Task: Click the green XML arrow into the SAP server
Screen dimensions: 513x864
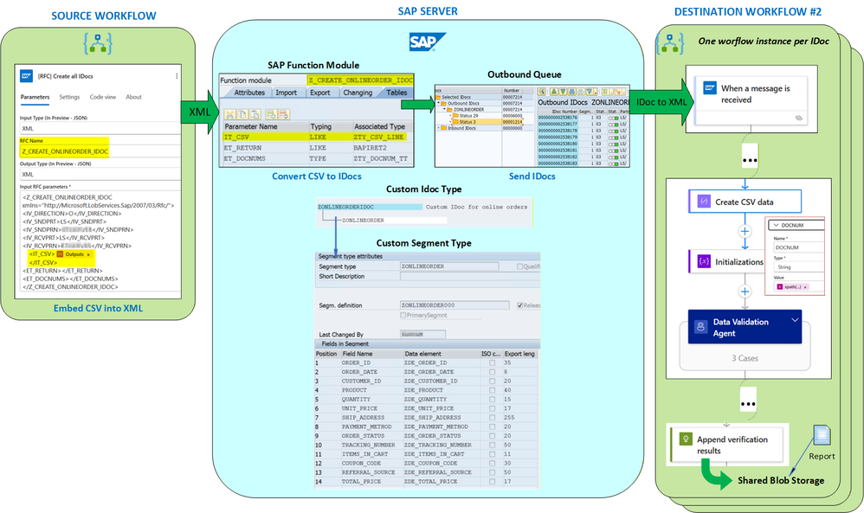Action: pyautogui.click(x=197, y=112)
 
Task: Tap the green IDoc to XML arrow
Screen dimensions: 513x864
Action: pyautogui.click(x=660, y=102)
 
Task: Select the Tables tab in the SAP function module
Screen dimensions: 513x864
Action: pyautogui.click(x=396, y=93)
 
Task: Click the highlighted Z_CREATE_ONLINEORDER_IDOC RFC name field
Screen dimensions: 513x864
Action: pyautogui.click(x=66, y=151)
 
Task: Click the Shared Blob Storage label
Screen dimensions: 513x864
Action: pyautogui.click(x=781, y=480)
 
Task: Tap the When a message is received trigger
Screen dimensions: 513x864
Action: pyautogui.click(x=745, y=94)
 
